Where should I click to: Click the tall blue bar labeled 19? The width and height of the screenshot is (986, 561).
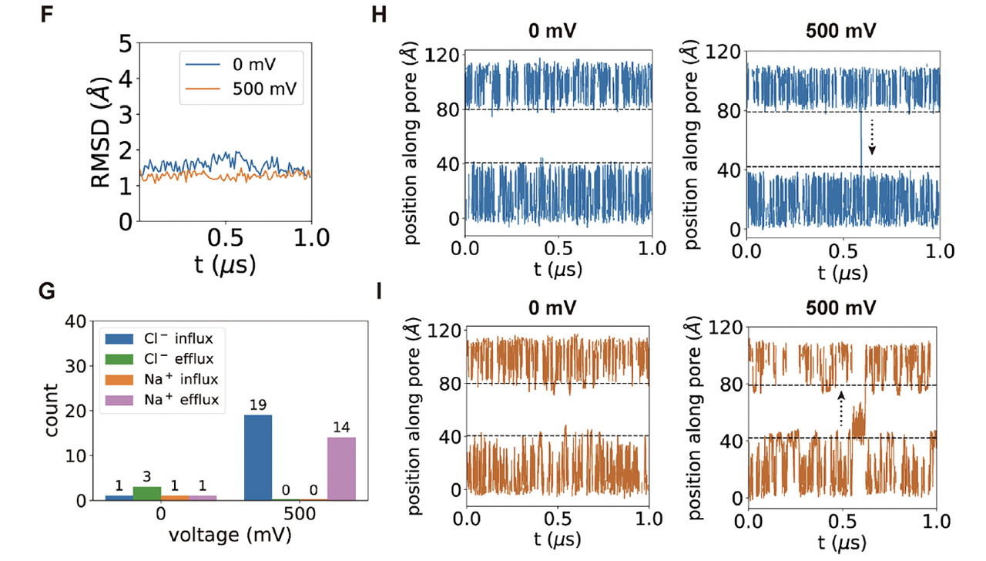pos(257,458)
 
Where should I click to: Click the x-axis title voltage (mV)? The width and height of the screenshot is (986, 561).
pos(223,534)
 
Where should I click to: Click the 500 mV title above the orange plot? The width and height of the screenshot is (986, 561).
pos(841,305)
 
